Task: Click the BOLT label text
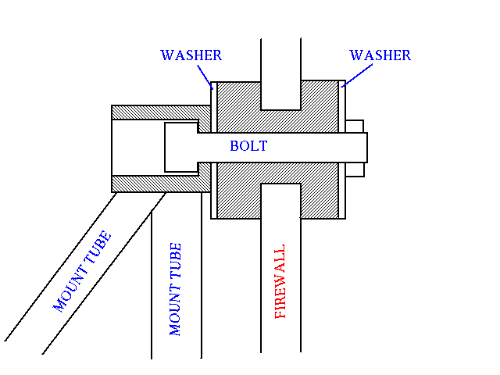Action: [x=248, y=146]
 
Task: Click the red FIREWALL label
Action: [x=280, y=281]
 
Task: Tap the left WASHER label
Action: [x=191, y=55]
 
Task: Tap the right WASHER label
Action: [x=380, y=55]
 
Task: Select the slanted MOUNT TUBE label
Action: [x=82, y=271]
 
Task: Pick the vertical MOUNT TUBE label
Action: [x=175, y=289]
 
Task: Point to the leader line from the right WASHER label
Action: [x=356, y=76]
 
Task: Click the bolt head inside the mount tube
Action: [x=181, y=148]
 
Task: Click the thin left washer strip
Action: [x=214, y=150]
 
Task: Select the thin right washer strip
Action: [x=342, y=150]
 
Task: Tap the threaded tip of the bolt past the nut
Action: [x=366, y=148]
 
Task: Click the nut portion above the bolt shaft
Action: [x=355, y=127]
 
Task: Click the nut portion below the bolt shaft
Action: [x=355, y=170]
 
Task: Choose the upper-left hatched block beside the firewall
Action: [x=239, y=107]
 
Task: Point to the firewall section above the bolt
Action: [x=281, y=74]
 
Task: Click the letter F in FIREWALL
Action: [x=280, y=313]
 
